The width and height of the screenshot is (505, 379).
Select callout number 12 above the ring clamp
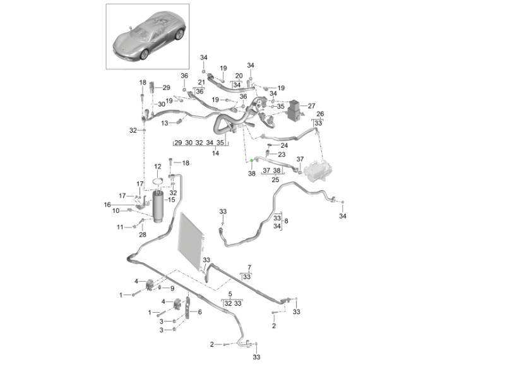[x=158, y=167]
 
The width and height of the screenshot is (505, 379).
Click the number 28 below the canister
[x=143, y=234]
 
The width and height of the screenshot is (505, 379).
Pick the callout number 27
[x=311, y=105]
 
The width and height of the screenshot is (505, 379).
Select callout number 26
[x=319, y=114]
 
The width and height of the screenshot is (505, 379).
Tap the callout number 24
[x=284, y=145]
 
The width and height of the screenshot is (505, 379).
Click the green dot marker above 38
[x=251, y=163]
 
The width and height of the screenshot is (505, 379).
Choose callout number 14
[x=215, y=153]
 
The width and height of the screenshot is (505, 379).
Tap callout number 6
[x=199, y=312]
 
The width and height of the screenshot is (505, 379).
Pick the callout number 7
[x=249, y=268]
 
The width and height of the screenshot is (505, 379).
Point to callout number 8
[x=286, y=221]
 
